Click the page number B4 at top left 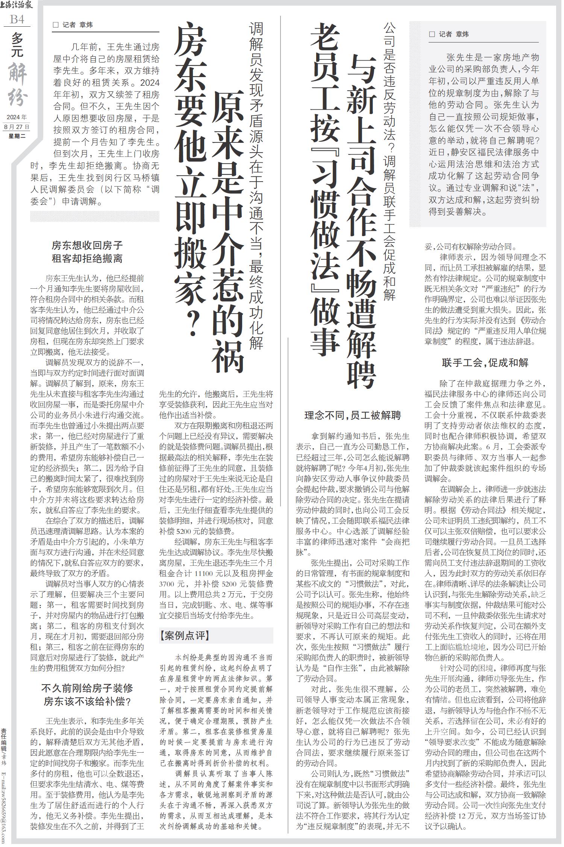17,19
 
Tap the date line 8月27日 17,127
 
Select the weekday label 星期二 17,136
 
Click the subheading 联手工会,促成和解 485,363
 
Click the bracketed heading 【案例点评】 184,635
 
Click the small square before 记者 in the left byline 56,25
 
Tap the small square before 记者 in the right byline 432,34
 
